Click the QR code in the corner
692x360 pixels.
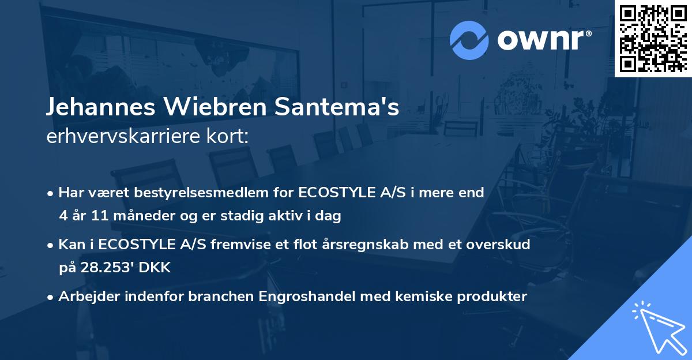[653, 38]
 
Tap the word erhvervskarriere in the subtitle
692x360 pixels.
[118, 137]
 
